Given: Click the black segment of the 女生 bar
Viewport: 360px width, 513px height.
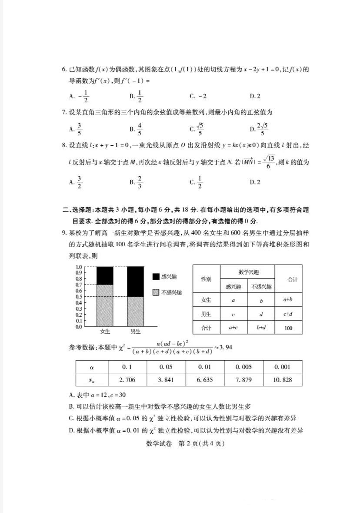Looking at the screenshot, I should [104, 275].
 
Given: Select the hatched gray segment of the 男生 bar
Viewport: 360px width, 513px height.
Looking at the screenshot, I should [135, 311].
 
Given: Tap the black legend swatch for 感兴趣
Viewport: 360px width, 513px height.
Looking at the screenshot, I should [156, 277].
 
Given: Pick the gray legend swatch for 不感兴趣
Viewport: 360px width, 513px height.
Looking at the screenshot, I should [156, 293].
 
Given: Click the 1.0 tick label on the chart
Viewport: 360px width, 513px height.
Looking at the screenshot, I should [79, 267].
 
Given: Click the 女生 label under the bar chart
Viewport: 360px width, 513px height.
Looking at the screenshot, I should [105, 332].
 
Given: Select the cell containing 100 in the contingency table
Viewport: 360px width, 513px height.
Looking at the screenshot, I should [288, 328].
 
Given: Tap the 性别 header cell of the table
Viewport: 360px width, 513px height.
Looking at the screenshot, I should [206, 279].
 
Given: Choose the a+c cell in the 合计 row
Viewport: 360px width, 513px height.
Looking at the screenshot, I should [233, 328].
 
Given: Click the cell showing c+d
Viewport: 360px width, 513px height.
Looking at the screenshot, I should [288, 314].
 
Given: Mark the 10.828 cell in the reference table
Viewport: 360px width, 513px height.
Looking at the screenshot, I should [283, 379].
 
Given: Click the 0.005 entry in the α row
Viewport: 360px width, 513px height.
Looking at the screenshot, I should [243, 367].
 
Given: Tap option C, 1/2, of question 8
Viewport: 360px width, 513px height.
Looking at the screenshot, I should [197, 182].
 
